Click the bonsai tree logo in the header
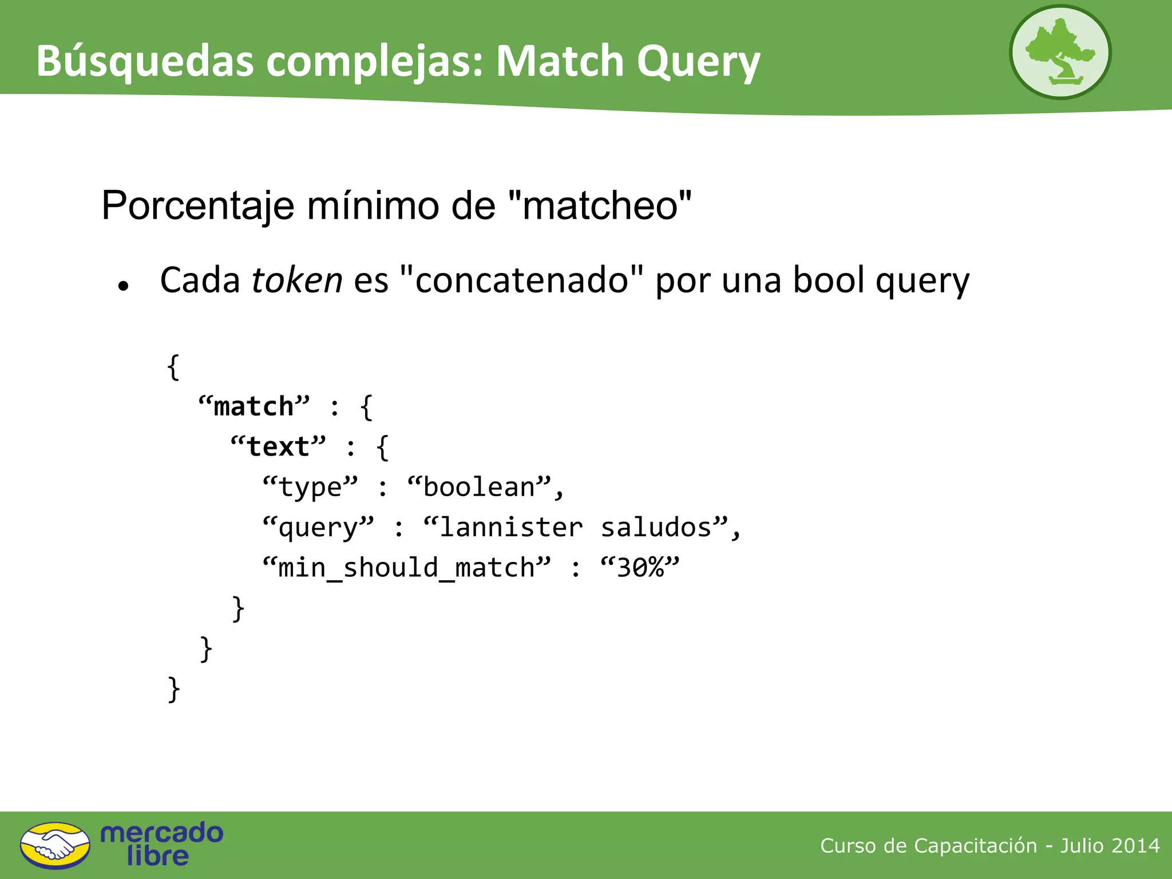1060,52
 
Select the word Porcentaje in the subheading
198,205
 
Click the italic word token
296,280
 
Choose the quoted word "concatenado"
521,280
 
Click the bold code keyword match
254,406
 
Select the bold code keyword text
278,446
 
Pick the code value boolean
479,487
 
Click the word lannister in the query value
510,527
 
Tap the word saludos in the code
656,527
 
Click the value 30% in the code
640,568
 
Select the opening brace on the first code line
173,367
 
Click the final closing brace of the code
173,689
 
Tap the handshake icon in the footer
55,845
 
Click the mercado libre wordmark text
161,844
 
